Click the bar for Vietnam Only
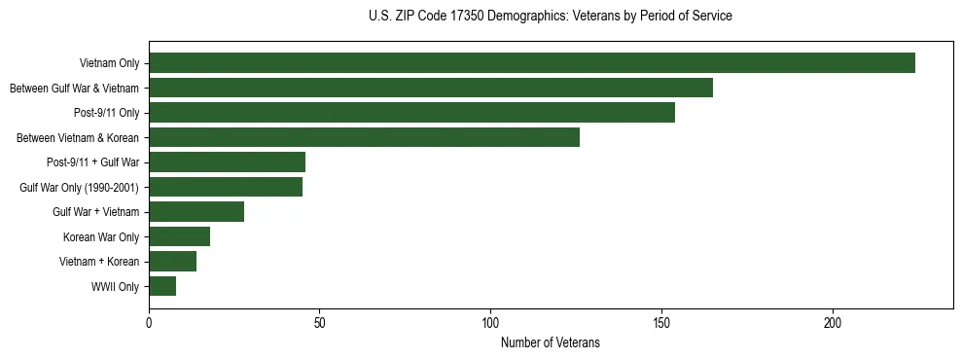pos(531,63)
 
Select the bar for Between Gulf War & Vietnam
pos(430,89)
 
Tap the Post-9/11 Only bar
pos(411,113)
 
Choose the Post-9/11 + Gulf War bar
pos(227,162)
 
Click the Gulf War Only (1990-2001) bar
pos(225,187)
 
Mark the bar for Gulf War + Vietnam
pos(196,212)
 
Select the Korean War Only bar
pos(179,236)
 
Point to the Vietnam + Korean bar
pos(172,262)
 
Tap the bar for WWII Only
pos(162,286)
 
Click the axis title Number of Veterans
pos(551,342)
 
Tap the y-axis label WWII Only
pos(115,287)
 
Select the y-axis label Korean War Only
pos(101,237)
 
